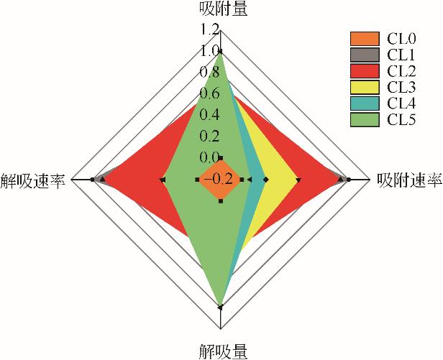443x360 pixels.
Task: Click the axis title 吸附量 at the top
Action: point(221,9)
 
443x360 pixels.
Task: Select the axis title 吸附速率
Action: point(408,180)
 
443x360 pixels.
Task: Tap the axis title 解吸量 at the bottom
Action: point(221,351)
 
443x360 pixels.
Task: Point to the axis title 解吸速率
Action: point(34,180)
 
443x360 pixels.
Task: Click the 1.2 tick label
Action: point(210,29)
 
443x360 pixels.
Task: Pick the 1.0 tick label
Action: point(210,51)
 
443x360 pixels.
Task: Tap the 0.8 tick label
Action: point(210,72)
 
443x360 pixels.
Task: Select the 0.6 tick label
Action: point(210,93)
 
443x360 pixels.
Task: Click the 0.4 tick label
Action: point(210,114)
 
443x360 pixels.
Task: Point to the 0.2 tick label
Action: point(210,136)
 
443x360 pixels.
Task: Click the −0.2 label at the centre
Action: point(218,180)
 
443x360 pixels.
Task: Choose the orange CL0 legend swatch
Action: point(364,38)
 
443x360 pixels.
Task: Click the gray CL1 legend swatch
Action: point(364,54)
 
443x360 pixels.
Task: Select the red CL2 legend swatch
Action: point(364,70)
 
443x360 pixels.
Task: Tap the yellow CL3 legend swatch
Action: point(364,87)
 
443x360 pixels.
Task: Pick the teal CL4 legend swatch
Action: point(364,103)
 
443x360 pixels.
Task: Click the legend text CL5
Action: point(400,120)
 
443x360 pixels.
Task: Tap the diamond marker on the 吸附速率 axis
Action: point(265,179)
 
